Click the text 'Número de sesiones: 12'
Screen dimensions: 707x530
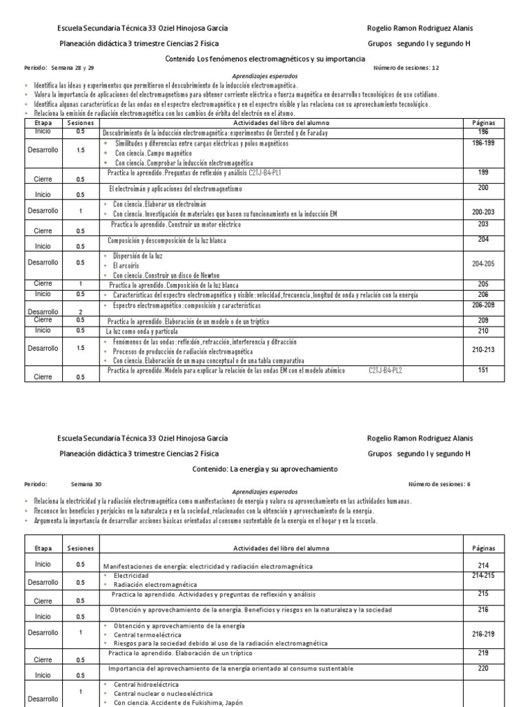click(x=406, y=68)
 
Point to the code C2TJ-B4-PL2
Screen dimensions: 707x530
click(x=385, y=371)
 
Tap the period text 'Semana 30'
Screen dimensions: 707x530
click(x=85, y=484)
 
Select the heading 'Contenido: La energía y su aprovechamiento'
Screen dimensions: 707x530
click(x=264, y=469)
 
